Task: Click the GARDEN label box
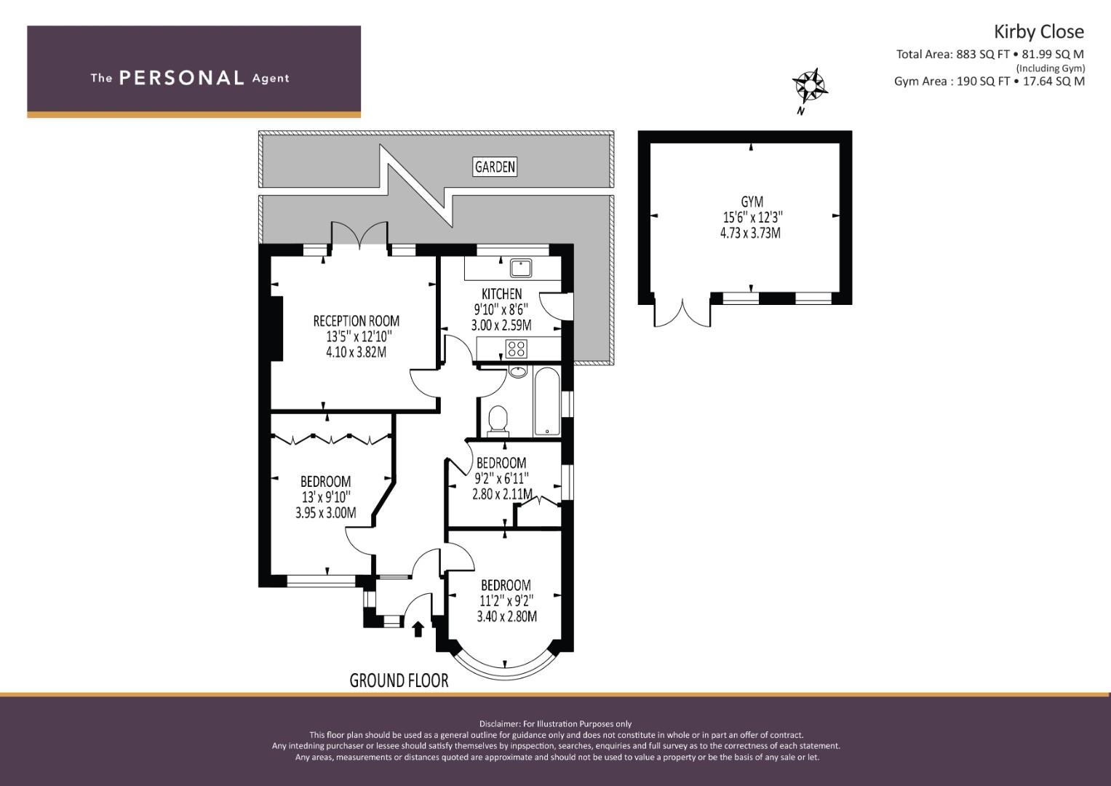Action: coord(495,167)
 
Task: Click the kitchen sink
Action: coord(520,268)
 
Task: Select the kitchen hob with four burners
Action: coord(516,349)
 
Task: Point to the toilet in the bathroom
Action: coord(498,421)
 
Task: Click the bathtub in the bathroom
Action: coord(546,402)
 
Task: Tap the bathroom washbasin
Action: coord(518,372)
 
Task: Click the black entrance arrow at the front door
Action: coord(418,629)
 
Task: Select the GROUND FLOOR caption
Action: coord(399,680)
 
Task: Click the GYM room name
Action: coord(752,202)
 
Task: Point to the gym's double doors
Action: coord(682,312)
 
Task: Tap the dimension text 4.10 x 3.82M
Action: coord(356,352)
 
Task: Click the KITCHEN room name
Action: coord(501,294)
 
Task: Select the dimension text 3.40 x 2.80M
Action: coord(506,617)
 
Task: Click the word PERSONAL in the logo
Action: coord(182,78)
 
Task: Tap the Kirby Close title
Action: coord(1038,32)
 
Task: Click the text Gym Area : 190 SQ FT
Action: coord(952,82)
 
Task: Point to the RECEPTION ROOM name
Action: coord(356,321)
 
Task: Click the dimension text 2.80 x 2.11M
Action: coord(503,494)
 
